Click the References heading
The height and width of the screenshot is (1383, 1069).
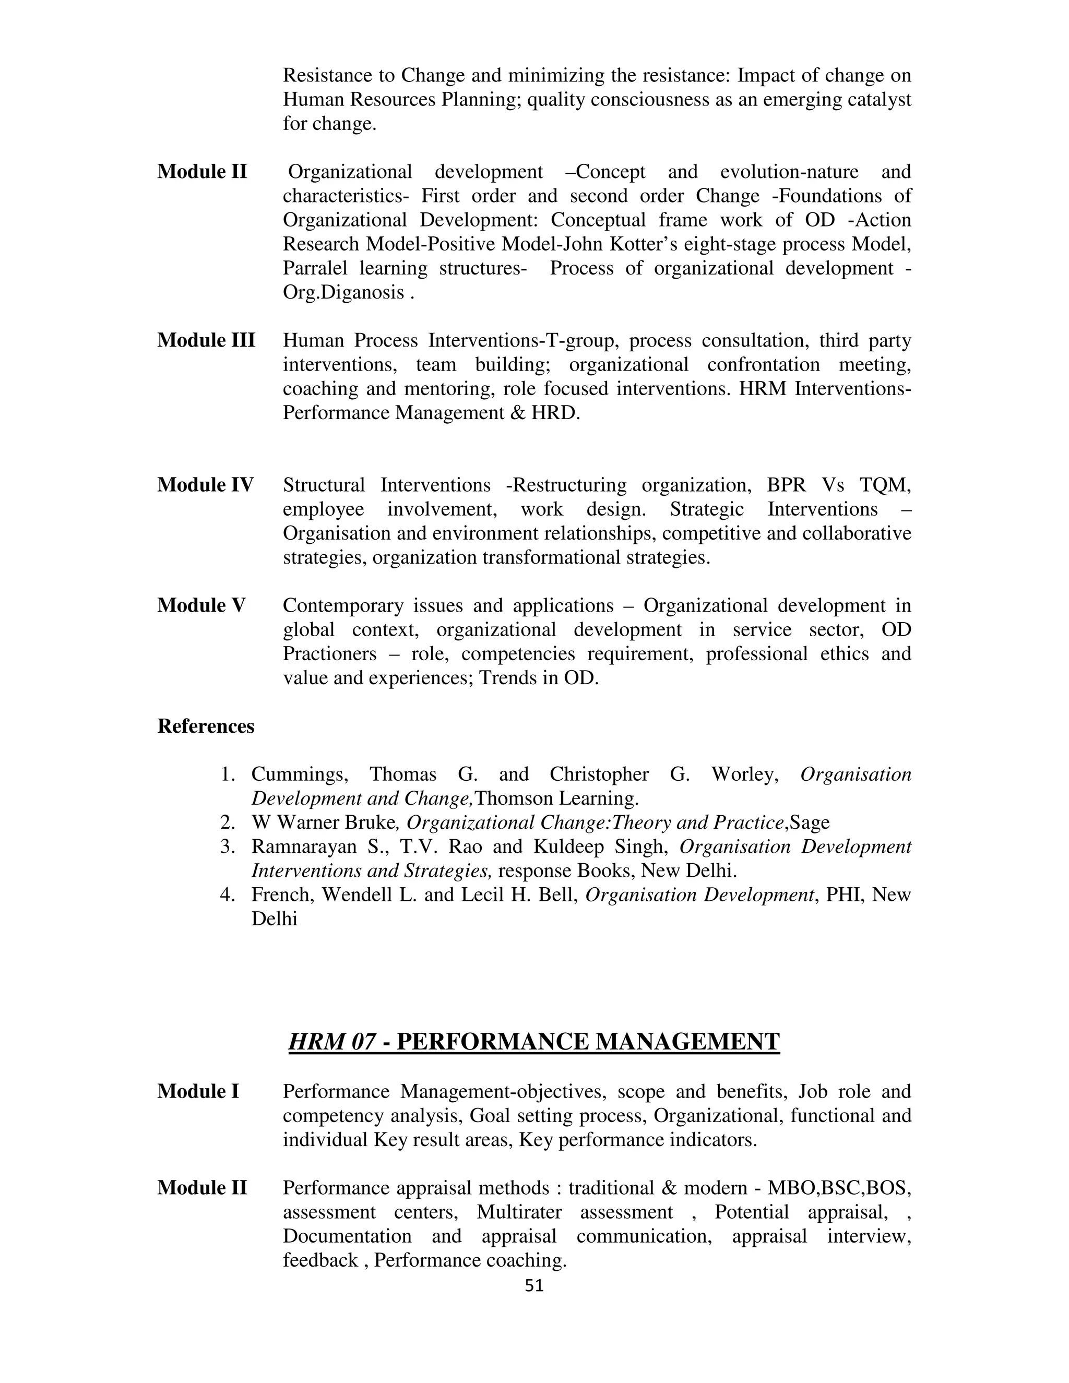[205, 726]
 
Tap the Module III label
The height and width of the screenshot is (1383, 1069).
[206, 341]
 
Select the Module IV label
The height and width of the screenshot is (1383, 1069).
[205, 485]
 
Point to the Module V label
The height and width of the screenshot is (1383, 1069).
[201, 605]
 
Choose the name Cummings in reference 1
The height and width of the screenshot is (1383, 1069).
[299, 774]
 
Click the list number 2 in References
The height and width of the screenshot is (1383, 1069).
[228, 822]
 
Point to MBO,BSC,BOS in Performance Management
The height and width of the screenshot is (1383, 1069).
[838, 1188]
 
